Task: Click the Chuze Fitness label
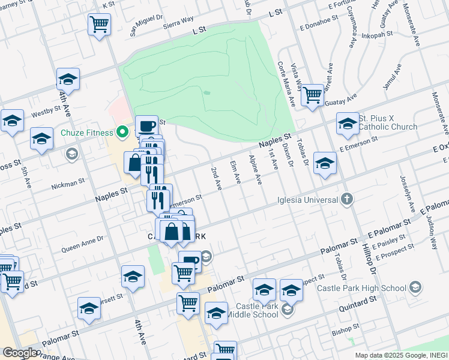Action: (87, 133)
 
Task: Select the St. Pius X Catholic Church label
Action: (388, 123)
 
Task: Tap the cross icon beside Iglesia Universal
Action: (346, 199)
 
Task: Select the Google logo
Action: (20, 353)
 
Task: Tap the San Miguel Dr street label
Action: (146, 26)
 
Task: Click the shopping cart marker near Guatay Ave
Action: (312, 94)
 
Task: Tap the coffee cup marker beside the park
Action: (146, 125)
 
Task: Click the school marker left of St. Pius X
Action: (324, 163)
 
